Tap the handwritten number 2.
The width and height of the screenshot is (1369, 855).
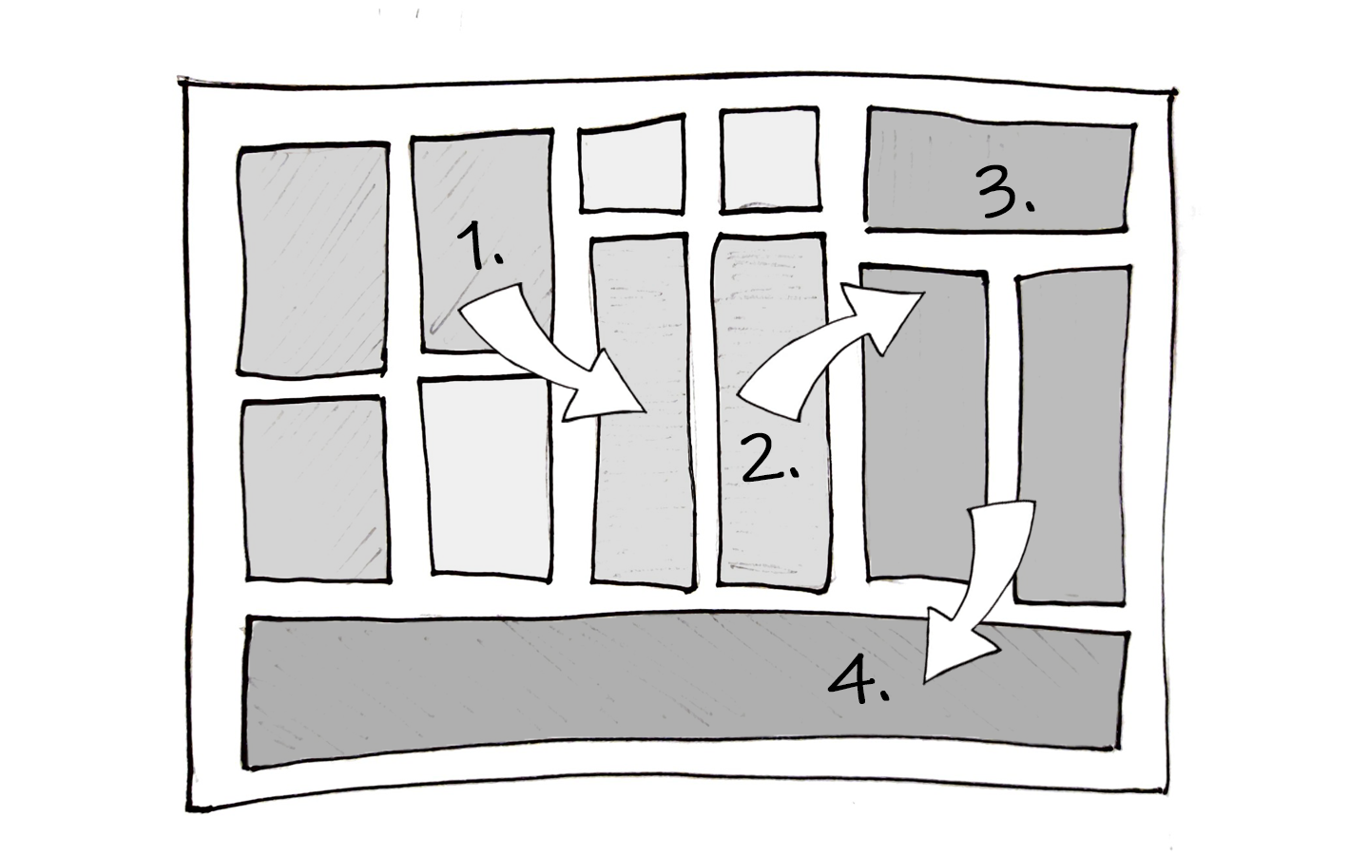770,459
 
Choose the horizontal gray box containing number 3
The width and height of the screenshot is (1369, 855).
998,171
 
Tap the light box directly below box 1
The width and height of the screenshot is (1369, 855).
490,475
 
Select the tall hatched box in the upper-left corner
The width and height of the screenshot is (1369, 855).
312,258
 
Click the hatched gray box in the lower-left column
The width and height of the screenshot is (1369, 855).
316,489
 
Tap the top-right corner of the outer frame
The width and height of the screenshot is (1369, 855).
1174,93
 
